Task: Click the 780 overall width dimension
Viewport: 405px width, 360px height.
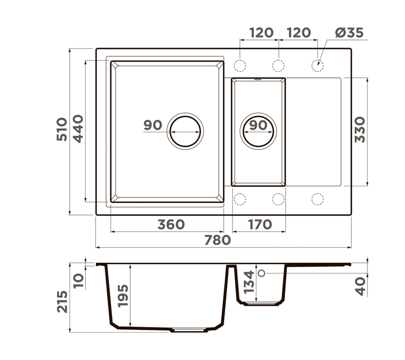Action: click(217, 240)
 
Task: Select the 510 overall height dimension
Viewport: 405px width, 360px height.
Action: click(62, 129)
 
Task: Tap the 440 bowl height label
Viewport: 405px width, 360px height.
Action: click(78, 129)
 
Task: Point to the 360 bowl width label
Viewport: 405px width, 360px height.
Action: click(171, 225)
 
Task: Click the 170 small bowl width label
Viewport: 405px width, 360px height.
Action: click(260, 225)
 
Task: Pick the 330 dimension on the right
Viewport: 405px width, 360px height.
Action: click(360, 130)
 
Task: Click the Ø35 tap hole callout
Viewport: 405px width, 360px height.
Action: click(349, 33)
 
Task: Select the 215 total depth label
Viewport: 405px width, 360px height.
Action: click(62, 302)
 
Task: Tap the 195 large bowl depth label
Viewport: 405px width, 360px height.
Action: click(123, 295)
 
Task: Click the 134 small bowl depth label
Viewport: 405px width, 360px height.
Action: click(249, 282)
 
